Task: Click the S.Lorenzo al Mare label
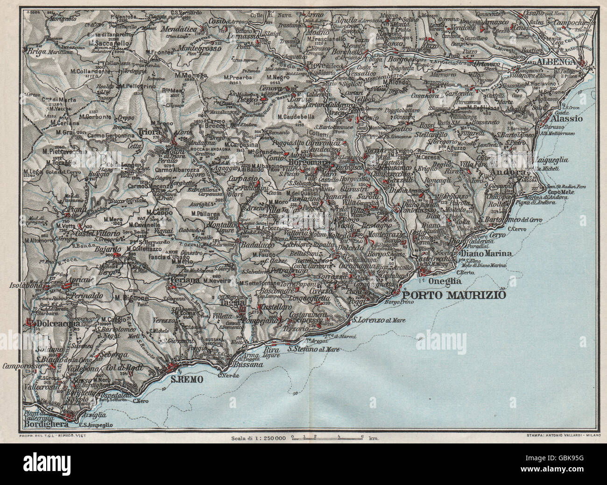(378, 320)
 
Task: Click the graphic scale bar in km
(327, 437)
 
